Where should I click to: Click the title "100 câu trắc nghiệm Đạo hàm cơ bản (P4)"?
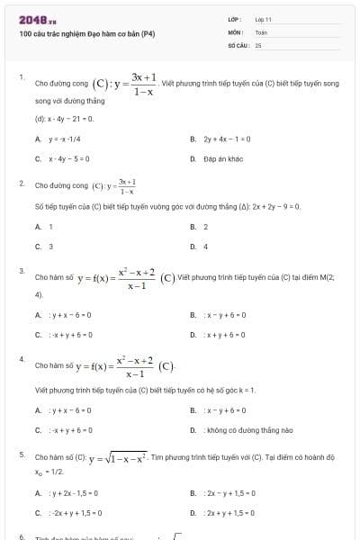point(87,34)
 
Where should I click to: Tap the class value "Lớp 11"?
point(263,19)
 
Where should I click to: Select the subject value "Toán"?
point(261,31)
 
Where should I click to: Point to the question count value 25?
point(258,44)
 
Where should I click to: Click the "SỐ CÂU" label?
point(238,44)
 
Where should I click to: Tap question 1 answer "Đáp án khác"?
point(223,159)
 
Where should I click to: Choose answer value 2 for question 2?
point(206,227)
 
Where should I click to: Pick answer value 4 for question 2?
point(206,247)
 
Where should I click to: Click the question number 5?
point(22,455)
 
